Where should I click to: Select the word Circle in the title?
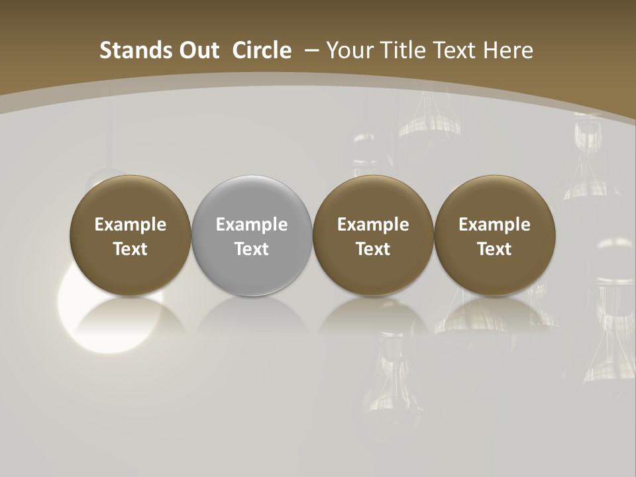[x=262, y=50]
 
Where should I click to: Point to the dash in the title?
[x=311, y=50]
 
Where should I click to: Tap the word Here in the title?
[x=508, y=50]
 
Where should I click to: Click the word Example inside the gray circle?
[x=252, y=225]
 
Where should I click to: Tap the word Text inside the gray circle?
[x=252, y=249]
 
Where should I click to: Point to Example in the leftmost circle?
[x=131, y=225]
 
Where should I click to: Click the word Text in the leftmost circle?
[x=131, y=249]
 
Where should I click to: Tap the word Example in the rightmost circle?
[x=495, y=225]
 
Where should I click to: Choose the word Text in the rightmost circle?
[x=495, y=249]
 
